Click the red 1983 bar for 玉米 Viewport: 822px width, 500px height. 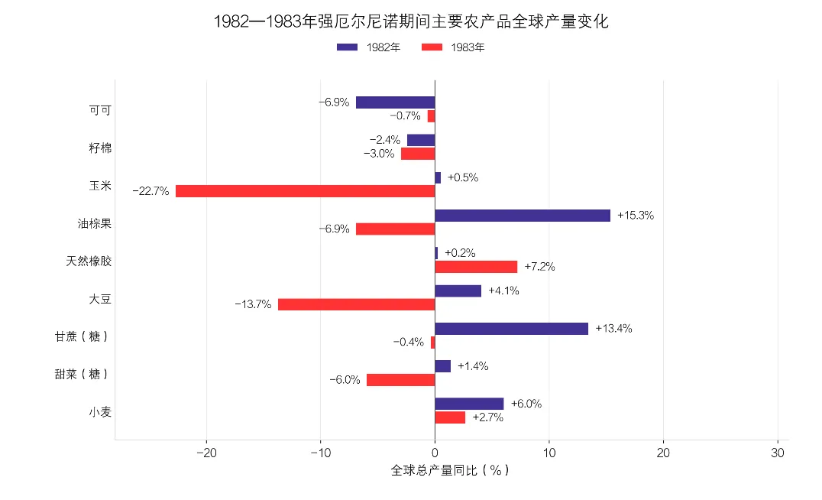coord(305,191)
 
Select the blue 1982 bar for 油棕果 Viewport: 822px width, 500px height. coord(523,215)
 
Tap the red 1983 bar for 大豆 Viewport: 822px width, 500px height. coord(357,304)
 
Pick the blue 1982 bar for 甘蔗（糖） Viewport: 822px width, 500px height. coord(512,329)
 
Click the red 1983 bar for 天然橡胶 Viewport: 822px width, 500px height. coord(476,267)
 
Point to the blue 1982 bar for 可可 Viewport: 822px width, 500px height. coord(395,102)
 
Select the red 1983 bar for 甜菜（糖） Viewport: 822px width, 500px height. coord(400,380)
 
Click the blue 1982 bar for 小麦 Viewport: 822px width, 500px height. coord(469,404)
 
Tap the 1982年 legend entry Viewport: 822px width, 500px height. coord(368,47)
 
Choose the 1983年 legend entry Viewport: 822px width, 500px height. coord(453,47)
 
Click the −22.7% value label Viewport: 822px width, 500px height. coord(151,191)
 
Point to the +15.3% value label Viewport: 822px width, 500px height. coord(636,215)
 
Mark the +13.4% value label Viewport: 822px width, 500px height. coord(613,329)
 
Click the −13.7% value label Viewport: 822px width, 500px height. coord(253,304)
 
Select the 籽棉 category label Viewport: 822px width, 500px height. coord(100,148)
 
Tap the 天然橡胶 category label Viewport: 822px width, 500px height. coord(89,261)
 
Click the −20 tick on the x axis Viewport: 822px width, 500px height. coord(206,453)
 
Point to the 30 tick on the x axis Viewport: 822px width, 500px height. coord(778,453)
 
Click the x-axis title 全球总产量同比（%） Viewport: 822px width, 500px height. coord(450,470)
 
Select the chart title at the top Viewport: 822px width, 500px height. coord(411,21)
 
